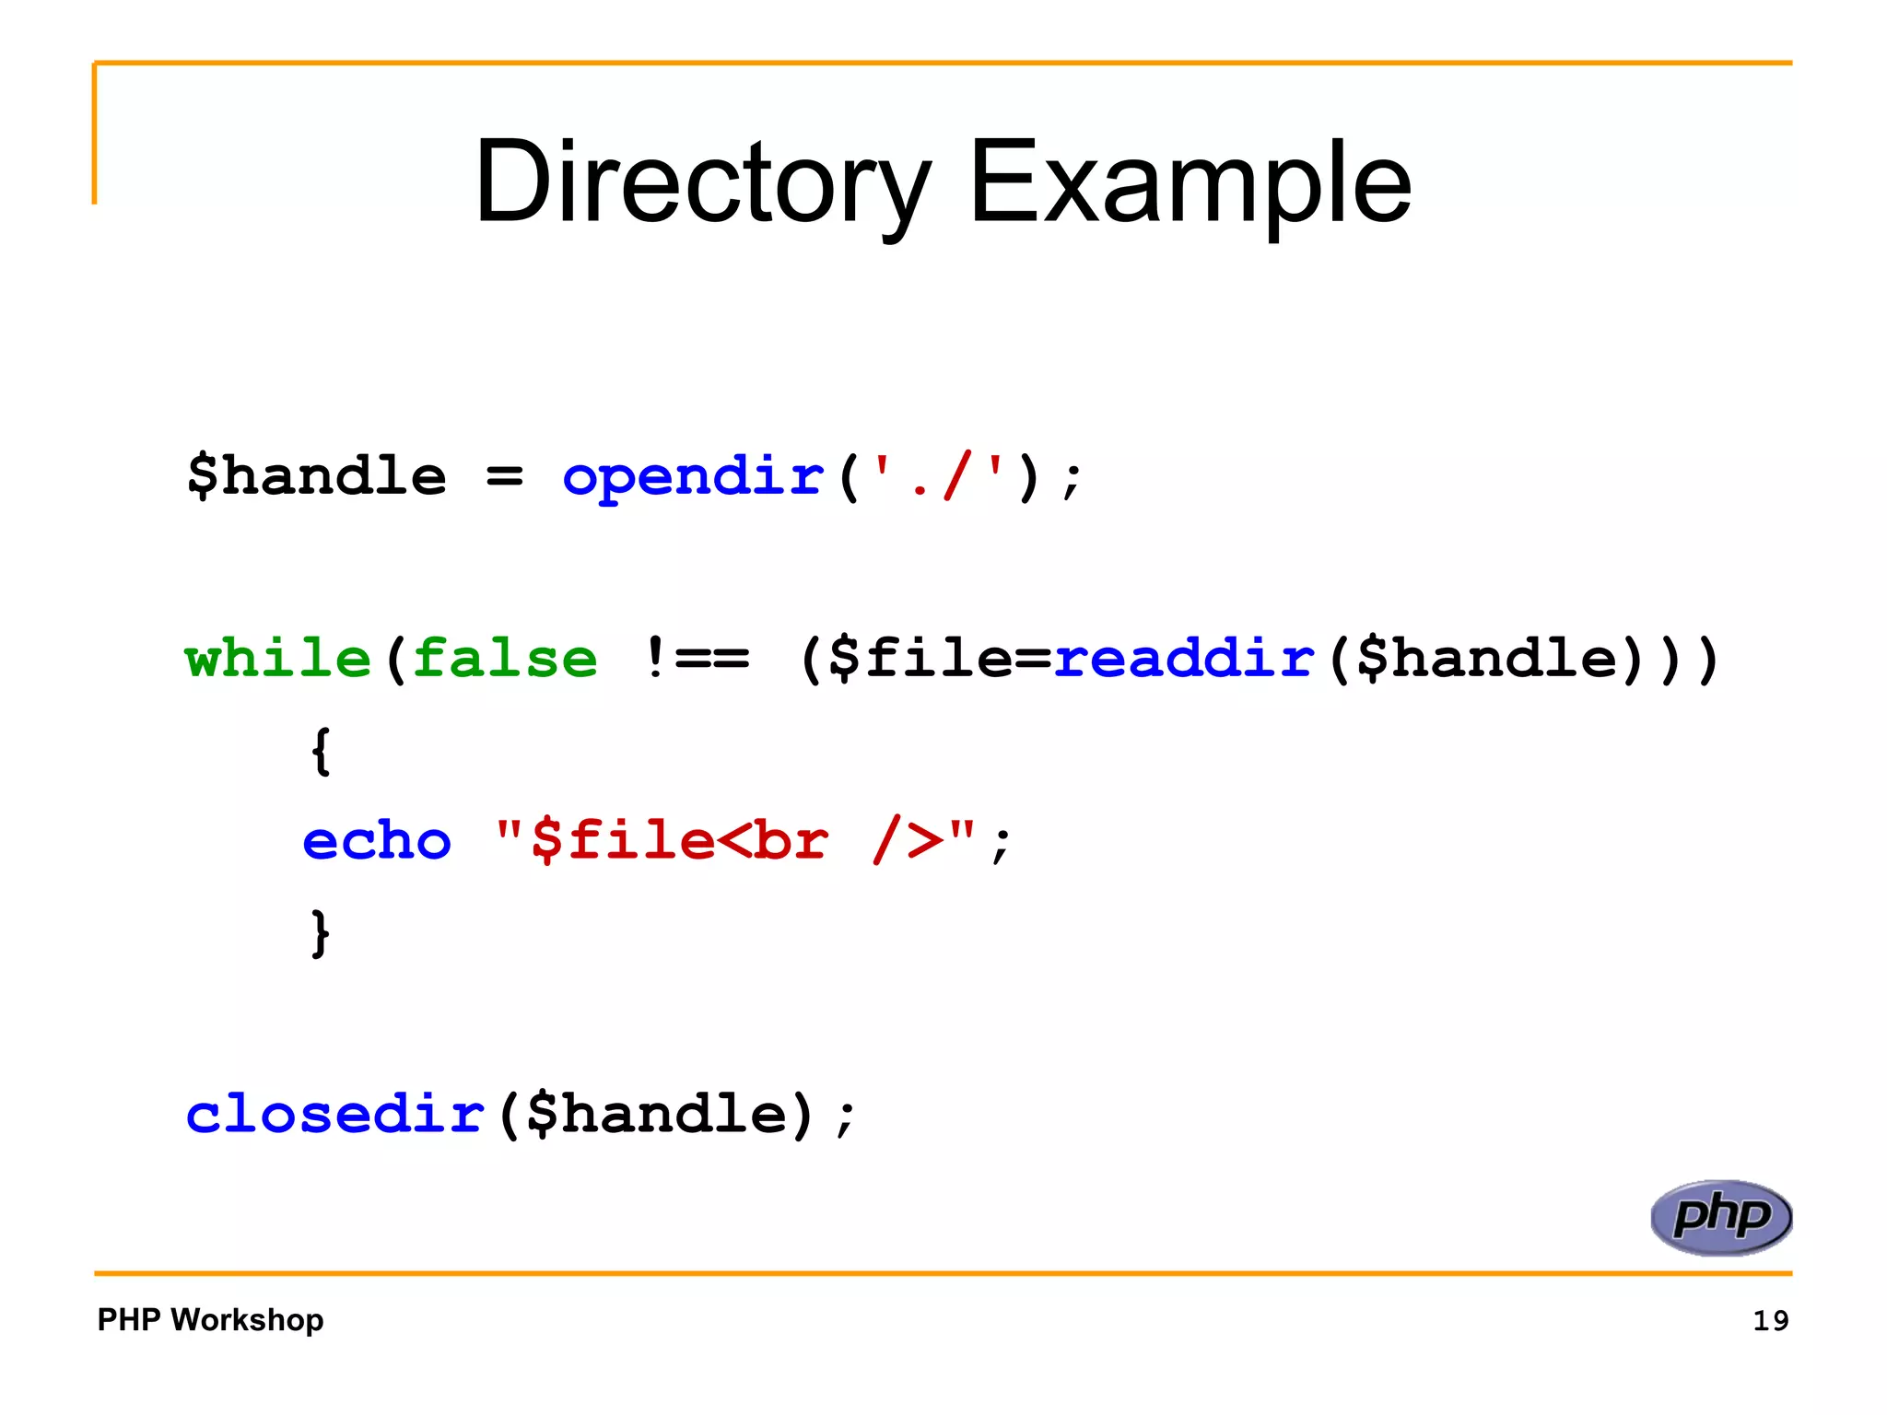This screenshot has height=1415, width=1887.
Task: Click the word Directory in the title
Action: [702, 181]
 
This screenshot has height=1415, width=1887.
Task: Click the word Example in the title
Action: [1190, 181]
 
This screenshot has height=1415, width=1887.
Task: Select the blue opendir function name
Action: [692, 477]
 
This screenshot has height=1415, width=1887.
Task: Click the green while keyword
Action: [277, 659]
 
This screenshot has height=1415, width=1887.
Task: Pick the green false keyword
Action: [505, 659]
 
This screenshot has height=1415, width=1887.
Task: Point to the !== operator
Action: [697, 659]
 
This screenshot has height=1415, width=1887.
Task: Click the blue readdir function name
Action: [1184, 659]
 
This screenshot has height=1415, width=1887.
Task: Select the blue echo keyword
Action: [377, 841]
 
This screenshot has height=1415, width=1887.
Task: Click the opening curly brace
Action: [320, 751]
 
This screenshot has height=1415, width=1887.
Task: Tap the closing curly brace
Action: [320, 932]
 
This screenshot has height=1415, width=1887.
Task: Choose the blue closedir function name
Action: [335, 1114]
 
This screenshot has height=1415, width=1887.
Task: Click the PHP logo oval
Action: [1720, 1217]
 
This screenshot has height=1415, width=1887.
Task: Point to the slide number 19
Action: [1770, 1320]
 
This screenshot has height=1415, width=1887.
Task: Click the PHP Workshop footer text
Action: [210, 1319]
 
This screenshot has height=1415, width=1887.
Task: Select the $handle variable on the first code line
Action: [316, 477]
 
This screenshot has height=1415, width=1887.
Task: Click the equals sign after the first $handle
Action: [504, 477]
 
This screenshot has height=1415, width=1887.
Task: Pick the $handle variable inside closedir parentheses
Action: [657, 1114]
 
